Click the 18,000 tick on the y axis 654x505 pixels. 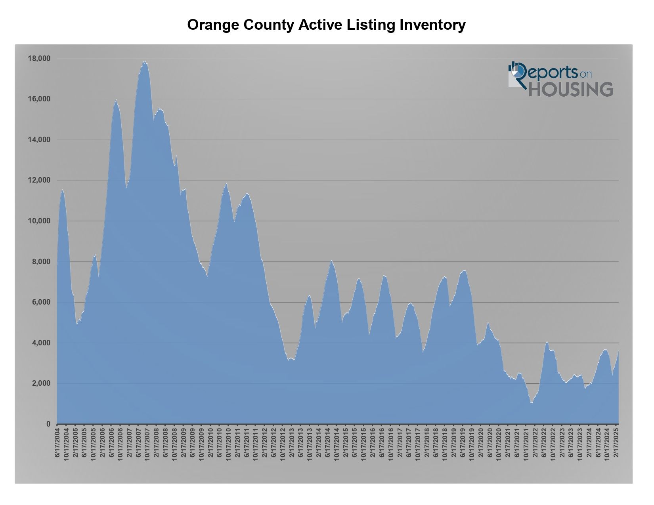point(39,59)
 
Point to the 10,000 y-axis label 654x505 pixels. point(39,221)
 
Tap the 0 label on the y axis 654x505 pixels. point(48,424)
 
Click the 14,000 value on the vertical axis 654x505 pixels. point(39,140)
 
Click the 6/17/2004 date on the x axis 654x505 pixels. point(57,443)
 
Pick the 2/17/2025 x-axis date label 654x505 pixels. point(616,443)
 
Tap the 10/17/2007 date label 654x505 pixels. point(147,444)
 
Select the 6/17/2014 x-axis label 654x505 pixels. point(327,443)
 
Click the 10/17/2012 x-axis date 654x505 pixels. point(283,444)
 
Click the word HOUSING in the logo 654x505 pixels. point(571,90)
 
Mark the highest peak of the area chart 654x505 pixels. point(145,61)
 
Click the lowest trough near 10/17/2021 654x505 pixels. point(532,403)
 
